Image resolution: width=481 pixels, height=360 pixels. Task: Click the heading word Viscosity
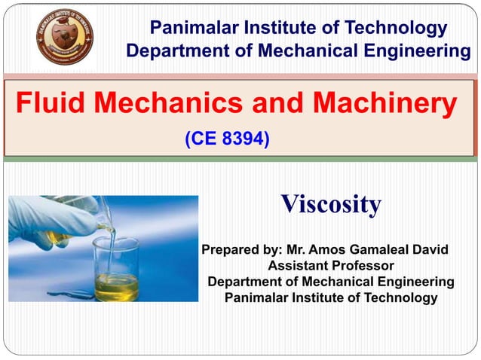click(331, 203)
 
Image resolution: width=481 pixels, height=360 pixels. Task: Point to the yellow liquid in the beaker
click(117, 285)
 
